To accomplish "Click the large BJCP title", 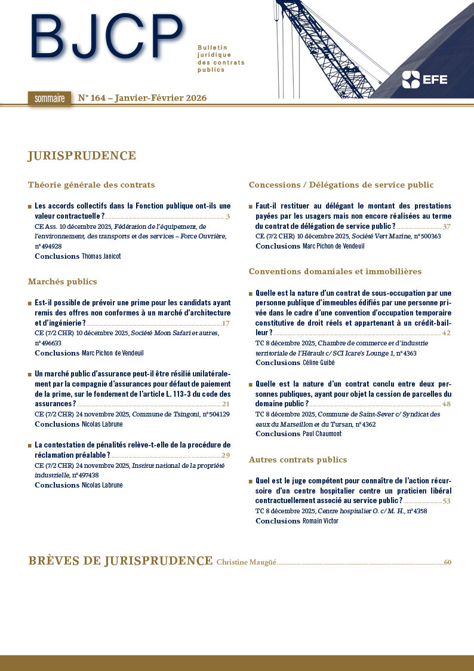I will (106, 37).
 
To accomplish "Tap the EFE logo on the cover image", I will (424, 79).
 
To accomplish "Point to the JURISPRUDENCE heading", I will (82, 156).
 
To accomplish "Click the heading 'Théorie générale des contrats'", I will (91, 185).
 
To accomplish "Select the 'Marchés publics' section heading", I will (62, 281).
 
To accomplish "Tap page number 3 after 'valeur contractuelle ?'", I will (228, 216).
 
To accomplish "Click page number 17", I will (226, 323).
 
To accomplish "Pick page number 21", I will (226, 404).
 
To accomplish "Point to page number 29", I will (226, 456).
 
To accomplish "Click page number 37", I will (447, 226).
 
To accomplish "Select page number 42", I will (447, 333).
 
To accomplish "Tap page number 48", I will (447, 404).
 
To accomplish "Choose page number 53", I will (447, 501).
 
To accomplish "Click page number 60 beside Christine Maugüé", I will (448, 562).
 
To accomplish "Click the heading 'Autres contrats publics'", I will (298, 459).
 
